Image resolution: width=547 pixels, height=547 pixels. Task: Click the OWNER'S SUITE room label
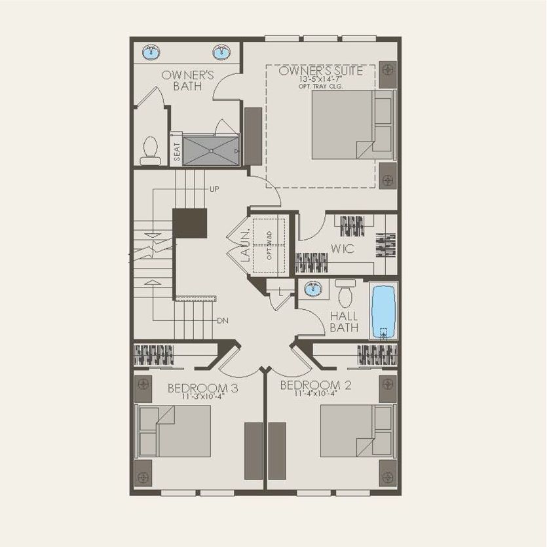(320, 71)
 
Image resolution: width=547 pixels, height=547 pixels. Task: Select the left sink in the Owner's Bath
(151, 52)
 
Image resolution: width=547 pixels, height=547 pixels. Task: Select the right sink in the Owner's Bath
(222, 52)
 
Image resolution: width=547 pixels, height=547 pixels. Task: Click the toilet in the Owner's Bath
(150, 151)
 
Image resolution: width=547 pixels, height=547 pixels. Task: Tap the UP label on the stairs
(214, 189)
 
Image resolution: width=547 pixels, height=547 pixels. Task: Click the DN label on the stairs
(223, 320)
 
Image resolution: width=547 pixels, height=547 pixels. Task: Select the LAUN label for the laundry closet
(244, 247)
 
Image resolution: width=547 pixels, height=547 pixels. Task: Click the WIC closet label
(342, 249)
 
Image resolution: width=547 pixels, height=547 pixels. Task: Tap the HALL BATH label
(344, 322)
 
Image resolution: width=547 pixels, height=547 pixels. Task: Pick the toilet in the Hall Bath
(345, 293)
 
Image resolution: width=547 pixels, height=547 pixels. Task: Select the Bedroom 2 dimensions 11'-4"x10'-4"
(314, 394)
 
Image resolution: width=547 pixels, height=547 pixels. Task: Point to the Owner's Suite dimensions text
(320, 79)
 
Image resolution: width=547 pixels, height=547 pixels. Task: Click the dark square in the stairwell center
(190, 223)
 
